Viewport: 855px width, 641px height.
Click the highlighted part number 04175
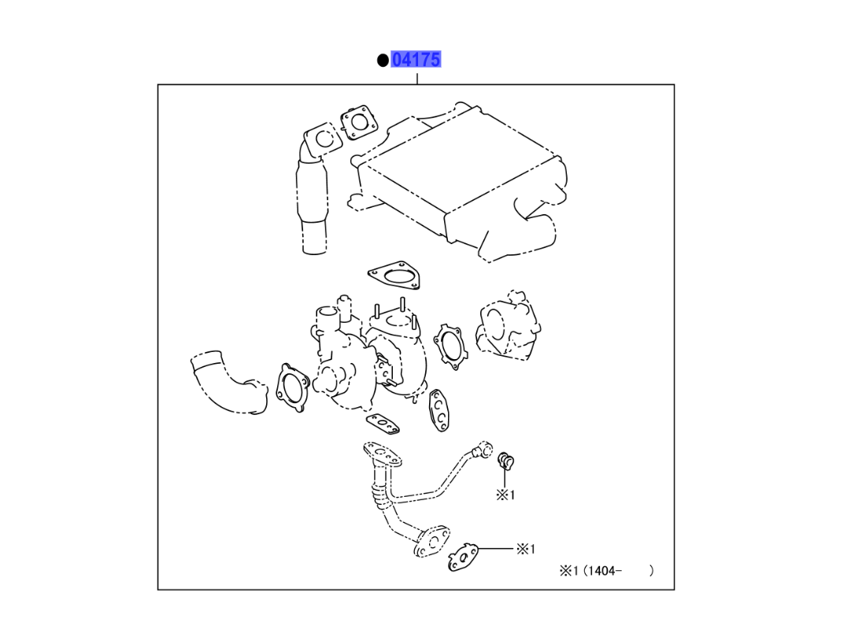(416, 59)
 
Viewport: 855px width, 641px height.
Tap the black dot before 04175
(383, 60)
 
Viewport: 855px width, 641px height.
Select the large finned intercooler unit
(465, 185)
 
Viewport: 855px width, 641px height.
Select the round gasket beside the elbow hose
(292, 388)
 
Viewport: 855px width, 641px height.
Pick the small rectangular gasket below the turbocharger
(385, 425)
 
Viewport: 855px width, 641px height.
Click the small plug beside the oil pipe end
(505, 461)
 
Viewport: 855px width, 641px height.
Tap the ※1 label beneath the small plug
(505, 495)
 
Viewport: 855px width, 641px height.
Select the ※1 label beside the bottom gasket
(526, 549)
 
